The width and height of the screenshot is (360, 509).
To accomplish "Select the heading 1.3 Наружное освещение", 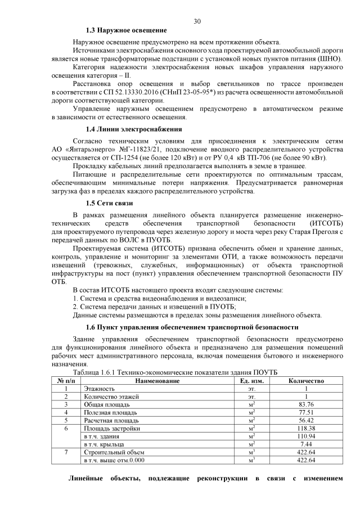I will click(126, 30).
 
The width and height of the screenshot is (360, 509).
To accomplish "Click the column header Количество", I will click(306, 381).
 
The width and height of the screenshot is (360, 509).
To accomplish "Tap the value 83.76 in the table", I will click(306, 404).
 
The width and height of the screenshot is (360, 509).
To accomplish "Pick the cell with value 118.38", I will click(306, 428).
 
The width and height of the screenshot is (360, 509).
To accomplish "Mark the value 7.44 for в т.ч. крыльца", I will click(306, 444).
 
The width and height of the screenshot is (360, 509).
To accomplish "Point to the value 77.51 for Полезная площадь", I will click(306, 412).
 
